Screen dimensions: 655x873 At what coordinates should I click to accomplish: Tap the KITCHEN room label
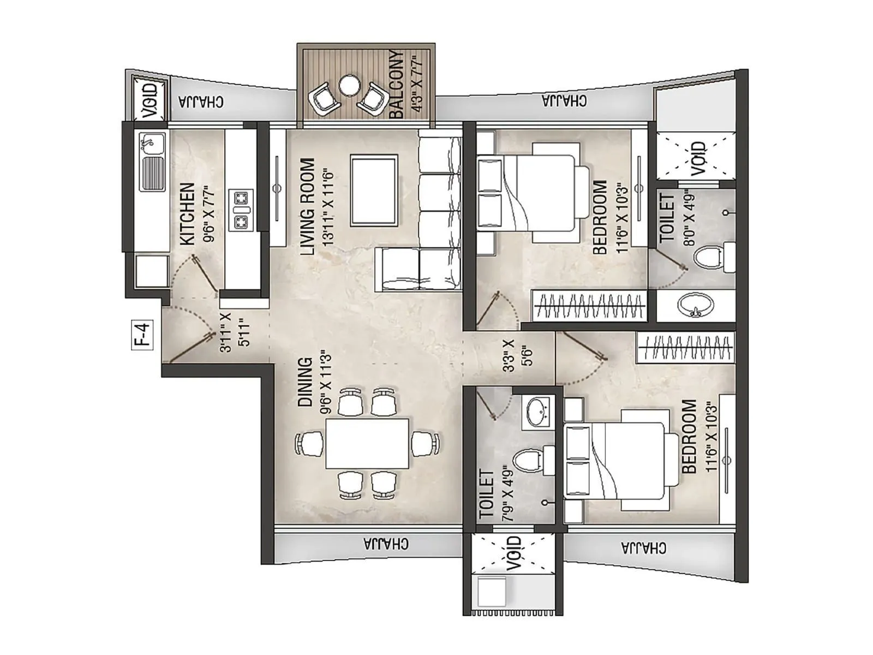[x=187, y=214]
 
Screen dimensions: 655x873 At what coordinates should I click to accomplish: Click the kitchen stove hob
[x=241, y=210]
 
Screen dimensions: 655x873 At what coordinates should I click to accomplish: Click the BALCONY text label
[x=397, y=85]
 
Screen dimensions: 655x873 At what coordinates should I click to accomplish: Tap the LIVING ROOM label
[x=308, y=207]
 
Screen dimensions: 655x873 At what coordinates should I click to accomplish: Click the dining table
[x=367, y=443]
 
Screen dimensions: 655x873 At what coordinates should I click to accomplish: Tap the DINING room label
[x=306, y=382]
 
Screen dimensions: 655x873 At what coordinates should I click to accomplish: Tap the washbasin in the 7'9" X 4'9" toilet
[x=538, y=412]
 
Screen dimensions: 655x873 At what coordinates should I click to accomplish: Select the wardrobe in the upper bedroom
[x=589, y=307]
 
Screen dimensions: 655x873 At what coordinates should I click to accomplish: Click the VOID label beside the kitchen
[x=151, y=100]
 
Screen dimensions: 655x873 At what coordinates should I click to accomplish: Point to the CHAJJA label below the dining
[x=385, y=544]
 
